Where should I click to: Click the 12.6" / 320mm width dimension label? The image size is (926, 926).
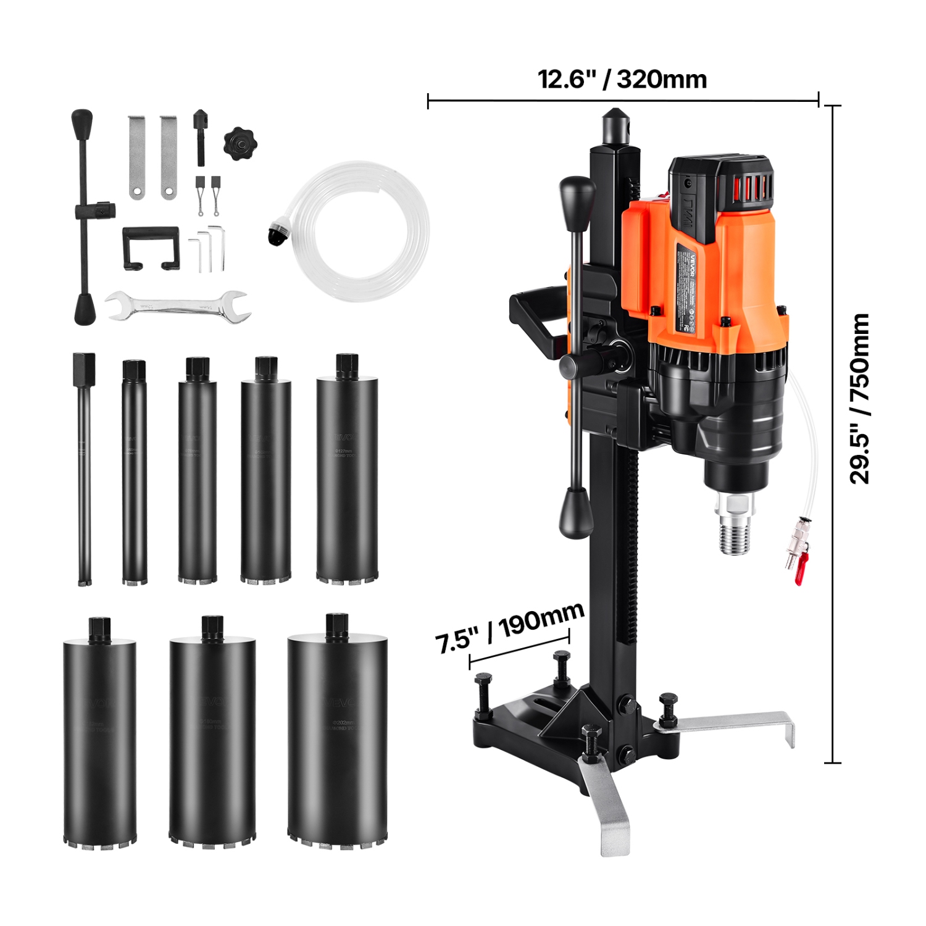(x=622, y=80)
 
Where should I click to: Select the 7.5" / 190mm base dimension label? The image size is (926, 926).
(x=509, y=627)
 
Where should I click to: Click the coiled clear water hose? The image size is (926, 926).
(x=361, y=231)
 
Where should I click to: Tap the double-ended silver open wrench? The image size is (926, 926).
(x=178, y=306)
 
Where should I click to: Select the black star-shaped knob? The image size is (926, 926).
(x=240, y=144)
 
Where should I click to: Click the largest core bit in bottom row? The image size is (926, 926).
(x=338, y=732)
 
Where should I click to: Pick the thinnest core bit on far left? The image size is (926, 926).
(x=85, y=469)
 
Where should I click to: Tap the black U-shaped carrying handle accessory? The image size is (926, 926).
(x=151, y=247)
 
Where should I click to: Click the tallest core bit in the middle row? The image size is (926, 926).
(x=347, y=469)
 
